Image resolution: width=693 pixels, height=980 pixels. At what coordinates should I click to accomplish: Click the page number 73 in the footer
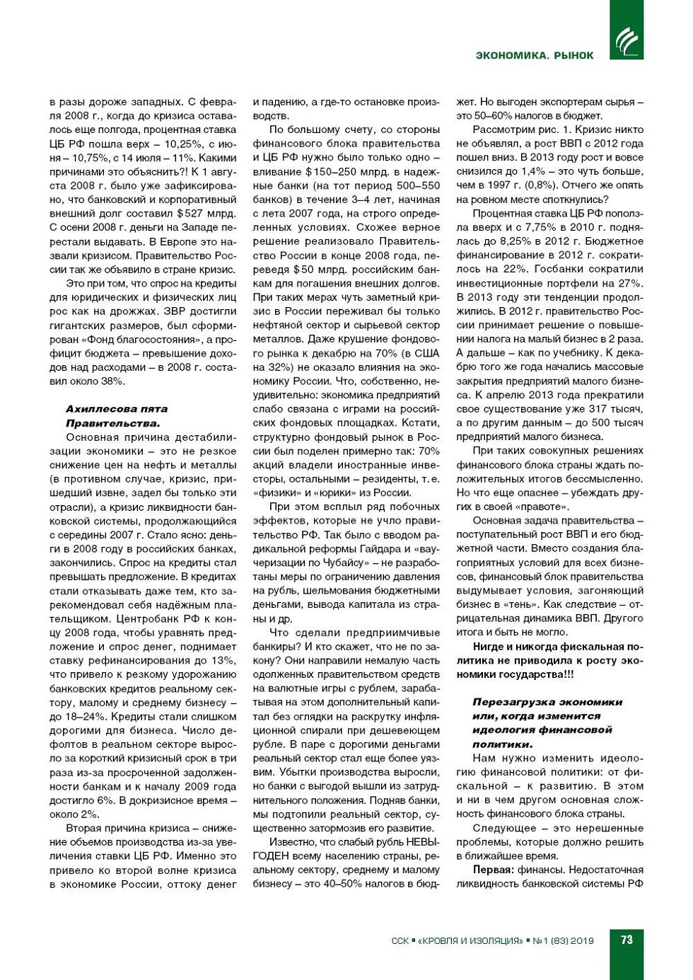point(627,940)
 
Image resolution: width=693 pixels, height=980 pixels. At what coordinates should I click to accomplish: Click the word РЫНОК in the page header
point(573,55)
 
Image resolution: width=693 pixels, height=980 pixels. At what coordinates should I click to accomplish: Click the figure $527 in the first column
point(192,214)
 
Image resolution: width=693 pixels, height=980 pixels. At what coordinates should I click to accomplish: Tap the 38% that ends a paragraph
point(114,381)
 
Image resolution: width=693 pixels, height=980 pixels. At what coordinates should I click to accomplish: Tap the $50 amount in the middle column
point(303,270)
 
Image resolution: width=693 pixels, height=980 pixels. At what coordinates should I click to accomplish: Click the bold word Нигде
point(489,647)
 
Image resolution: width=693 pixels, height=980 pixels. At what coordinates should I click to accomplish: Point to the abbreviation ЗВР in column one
point(176,311)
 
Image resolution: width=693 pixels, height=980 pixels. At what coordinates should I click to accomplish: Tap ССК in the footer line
point(400,941)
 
